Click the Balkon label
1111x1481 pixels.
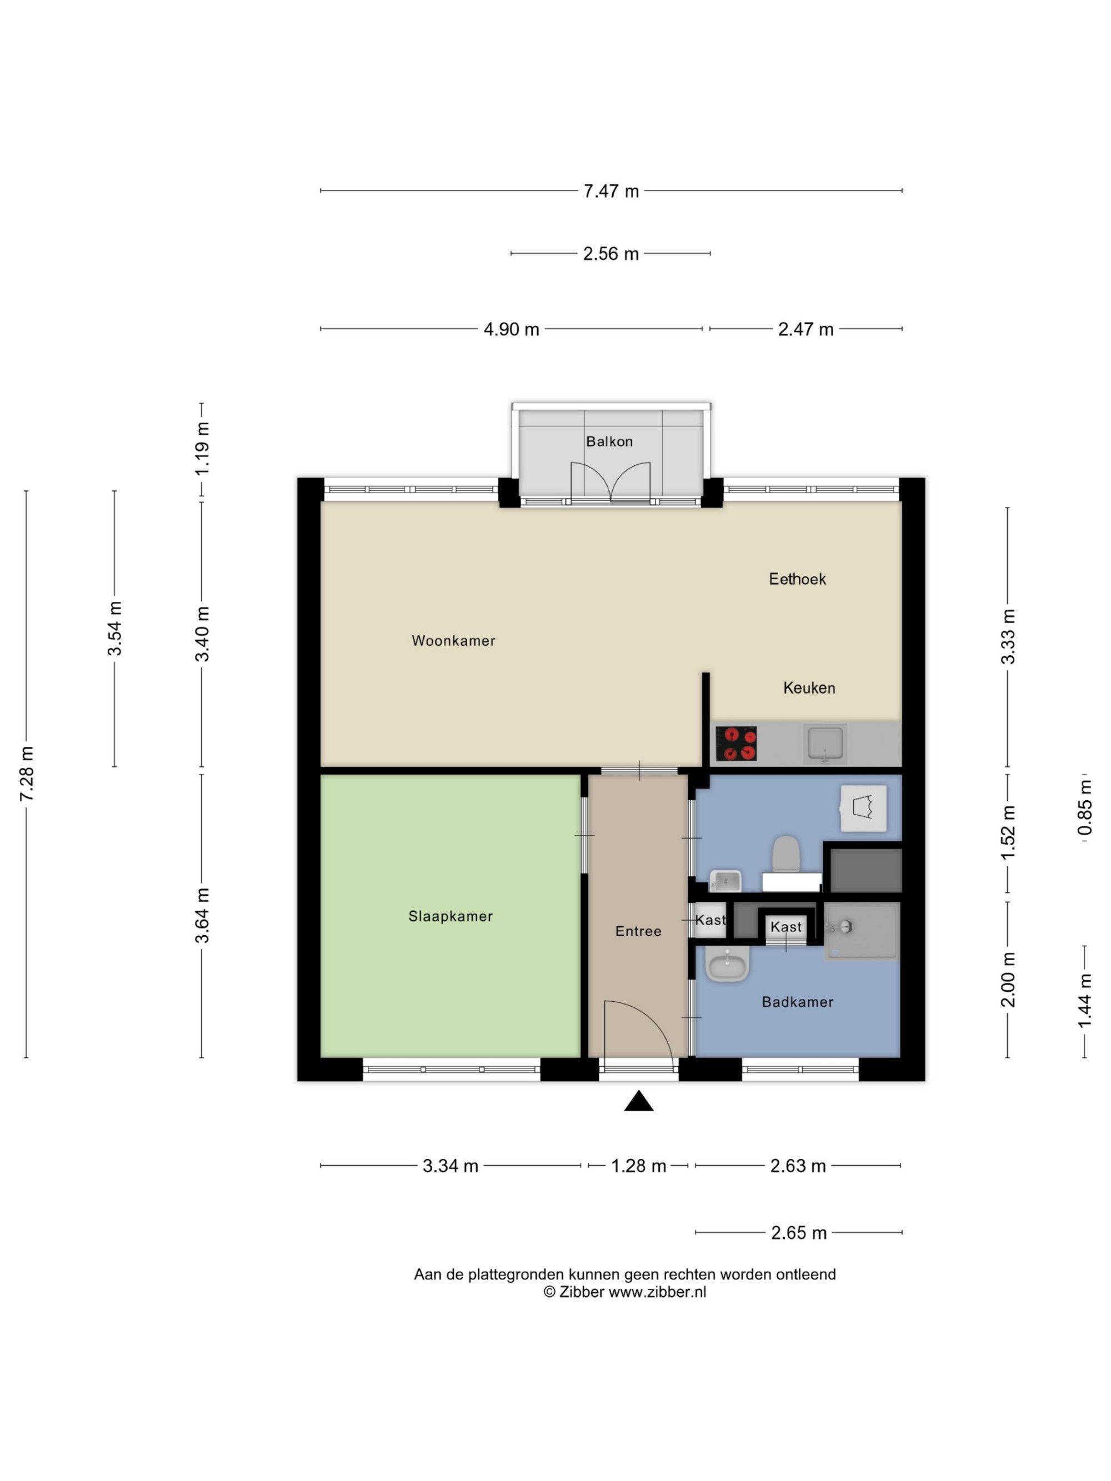click(609, 441)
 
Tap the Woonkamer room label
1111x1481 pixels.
click(453, 641)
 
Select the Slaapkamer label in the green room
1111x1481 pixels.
click(451, 916)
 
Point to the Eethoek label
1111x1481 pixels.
click(797, 579)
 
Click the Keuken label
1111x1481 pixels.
click(809, 687)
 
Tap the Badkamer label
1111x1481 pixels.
click(798, 1002)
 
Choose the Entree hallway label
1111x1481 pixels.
click(638, 931)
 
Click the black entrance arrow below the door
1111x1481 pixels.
click(639, 1101)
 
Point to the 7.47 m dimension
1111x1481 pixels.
click(610, 191)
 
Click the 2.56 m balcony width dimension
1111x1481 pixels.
click(610, 254)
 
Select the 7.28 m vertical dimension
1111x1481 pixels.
click(26, 774)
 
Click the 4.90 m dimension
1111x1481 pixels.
click(511, 329)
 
